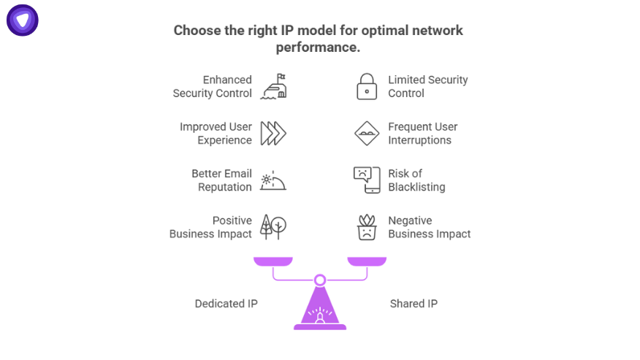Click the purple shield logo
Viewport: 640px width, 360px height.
23,20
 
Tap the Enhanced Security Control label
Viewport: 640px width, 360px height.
213,86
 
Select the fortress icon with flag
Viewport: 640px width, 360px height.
274,86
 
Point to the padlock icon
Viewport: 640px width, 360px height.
367,86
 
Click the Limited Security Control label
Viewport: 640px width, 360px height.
427,86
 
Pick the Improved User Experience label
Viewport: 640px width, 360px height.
216,133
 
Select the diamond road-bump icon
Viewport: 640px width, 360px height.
367,134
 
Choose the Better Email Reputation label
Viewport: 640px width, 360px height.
221,180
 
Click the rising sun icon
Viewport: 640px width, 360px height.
274,180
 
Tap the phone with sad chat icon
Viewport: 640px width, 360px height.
367,180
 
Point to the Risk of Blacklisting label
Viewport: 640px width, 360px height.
416,180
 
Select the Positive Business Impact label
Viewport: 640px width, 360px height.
211,227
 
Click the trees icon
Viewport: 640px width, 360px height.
274,227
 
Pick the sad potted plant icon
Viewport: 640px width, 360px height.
367,227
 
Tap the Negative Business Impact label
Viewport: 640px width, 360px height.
429,227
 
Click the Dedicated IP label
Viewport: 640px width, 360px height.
226,304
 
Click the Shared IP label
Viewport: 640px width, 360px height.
414,304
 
